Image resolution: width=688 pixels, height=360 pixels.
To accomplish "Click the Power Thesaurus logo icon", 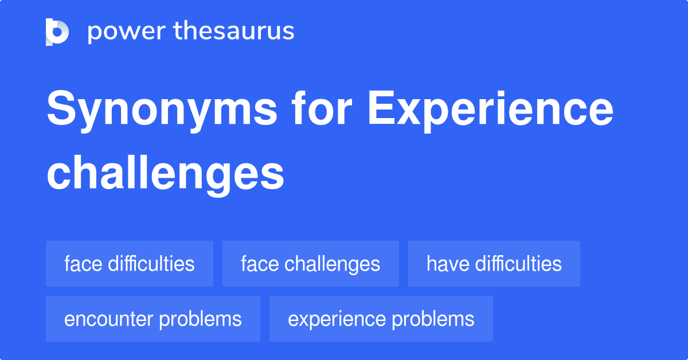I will (57, 32).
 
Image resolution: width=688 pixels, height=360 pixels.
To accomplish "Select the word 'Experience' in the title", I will (491, 111).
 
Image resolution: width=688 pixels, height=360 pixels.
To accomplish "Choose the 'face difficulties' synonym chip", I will (130, 264).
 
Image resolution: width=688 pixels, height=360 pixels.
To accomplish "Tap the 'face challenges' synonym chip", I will (310, 264).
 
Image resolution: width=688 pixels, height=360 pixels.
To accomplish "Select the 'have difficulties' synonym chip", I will (494, 264).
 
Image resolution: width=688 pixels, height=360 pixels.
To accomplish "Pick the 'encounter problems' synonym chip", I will (153, 319).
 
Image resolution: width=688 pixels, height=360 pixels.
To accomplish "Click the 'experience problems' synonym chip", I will (381, 319).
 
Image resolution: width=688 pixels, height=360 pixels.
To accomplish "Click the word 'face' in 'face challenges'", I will (260, 264).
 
